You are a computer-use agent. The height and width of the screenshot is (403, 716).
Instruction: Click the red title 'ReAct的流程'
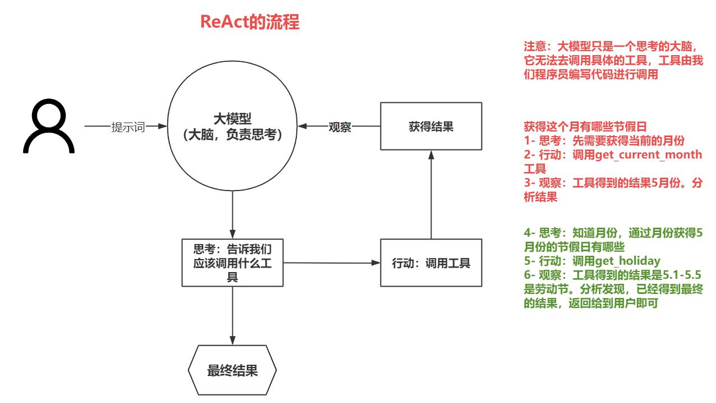point(250,22)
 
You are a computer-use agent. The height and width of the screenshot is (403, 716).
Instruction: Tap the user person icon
point(49,126)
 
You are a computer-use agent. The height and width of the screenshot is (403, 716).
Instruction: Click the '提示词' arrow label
point(128,127)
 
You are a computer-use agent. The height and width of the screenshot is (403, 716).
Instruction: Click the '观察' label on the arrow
point(340,127)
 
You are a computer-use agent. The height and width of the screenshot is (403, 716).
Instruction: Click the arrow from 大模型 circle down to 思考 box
point(232,215)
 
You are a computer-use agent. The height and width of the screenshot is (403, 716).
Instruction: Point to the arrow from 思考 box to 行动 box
point(332,263)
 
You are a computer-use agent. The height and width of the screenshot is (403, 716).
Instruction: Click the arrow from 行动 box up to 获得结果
point(431,194)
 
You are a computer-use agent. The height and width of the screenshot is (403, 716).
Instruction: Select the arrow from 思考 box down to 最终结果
point(232,316)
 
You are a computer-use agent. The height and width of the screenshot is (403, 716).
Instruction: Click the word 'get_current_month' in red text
point(648,155)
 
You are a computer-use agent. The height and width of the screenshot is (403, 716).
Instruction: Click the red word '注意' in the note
point(535,47)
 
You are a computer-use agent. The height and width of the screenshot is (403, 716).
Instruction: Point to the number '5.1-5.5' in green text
point(682,275)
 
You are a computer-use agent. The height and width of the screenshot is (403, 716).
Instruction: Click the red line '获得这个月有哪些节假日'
point(585,127)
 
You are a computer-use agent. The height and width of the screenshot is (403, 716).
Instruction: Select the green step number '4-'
point(529,233)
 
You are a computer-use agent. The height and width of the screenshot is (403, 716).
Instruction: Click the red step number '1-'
point(529,141)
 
